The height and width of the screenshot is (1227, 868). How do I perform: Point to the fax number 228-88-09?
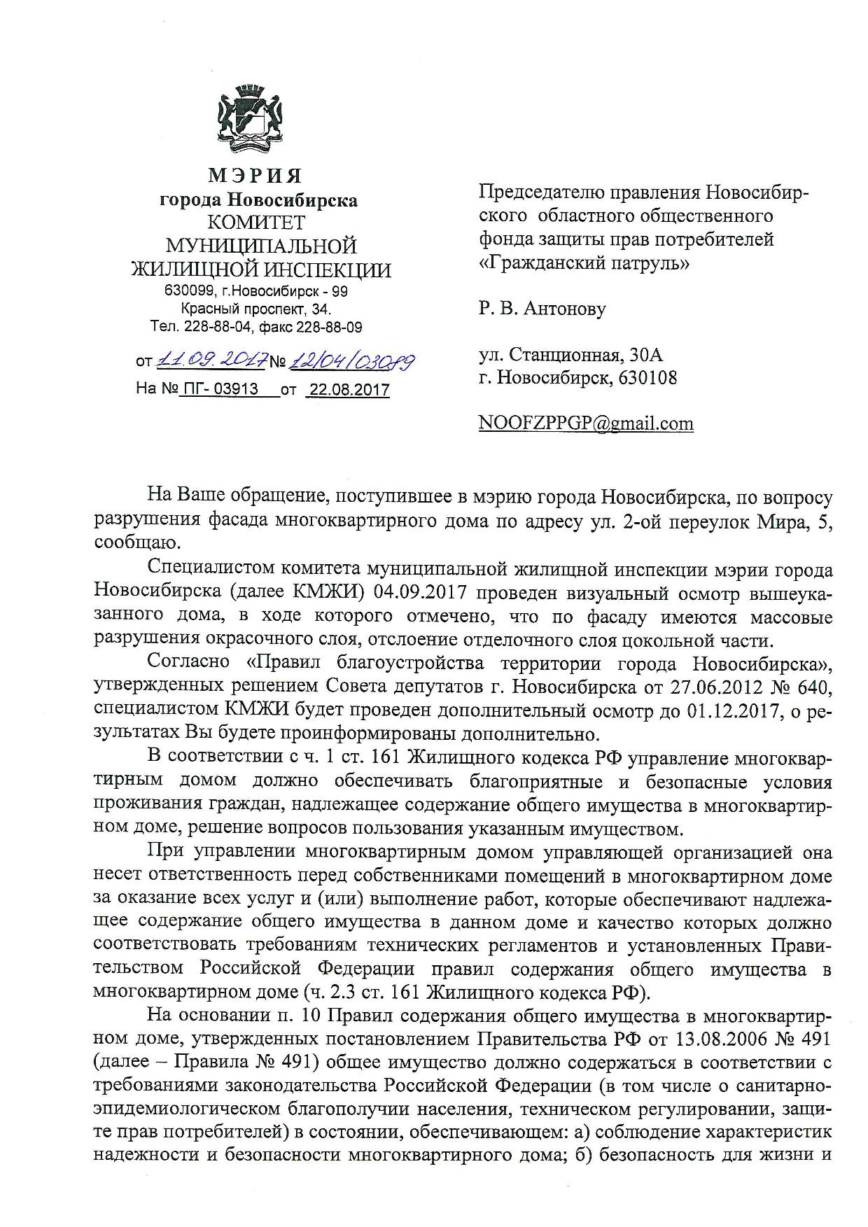329,327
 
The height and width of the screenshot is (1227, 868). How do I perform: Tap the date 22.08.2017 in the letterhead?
349,390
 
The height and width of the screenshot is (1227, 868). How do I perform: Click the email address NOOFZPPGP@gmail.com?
586,423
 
